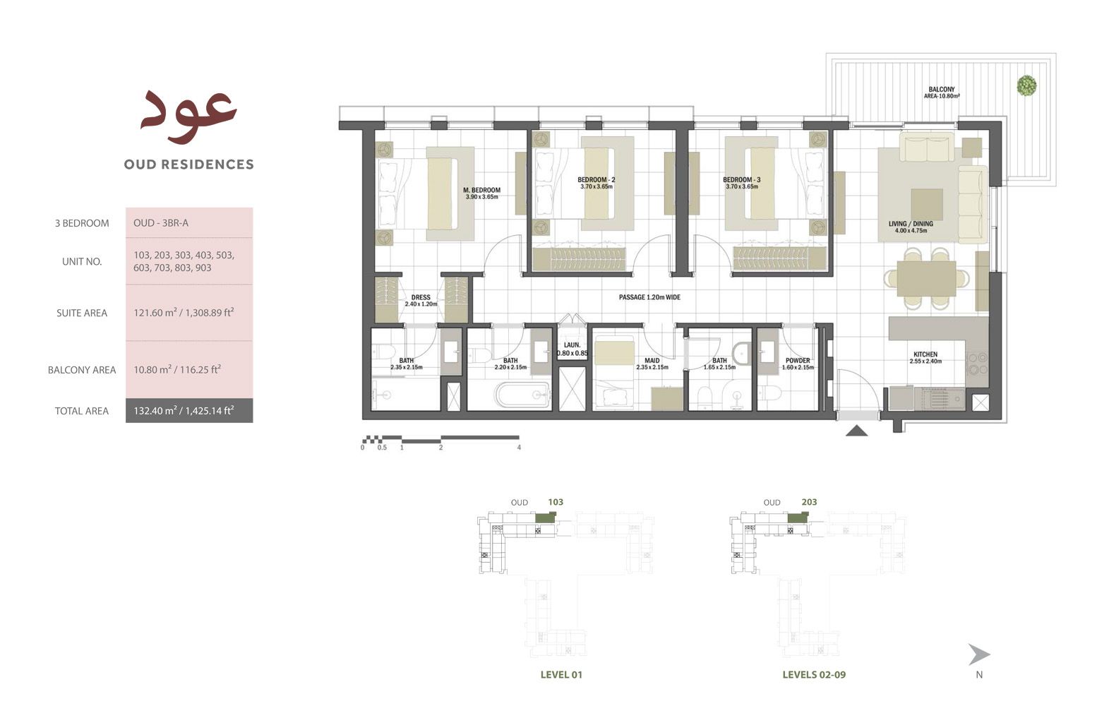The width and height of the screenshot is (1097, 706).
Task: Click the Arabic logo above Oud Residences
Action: click(x=188, y=111)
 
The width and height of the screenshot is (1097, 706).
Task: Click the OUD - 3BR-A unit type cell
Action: click(x=161, y=223)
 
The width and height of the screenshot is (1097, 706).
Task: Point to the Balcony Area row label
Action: click(x=81, y=370)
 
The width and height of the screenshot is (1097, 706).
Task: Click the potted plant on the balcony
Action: click(x=1026, y=86)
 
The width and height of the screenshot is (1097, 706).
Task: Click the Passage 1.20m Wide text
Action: click(x=649, y=297)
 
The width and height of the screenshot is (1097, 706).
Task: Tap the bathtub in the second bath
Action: click(x=522, y=395)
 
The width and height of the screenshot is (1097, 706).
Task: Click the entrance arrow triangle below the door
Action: click(x=856, y=430)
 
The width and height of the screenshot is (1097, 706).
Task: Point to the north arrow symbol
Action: click(x=978, y=655)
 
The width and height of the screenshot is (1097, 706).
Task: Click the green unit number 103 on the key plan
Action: click(x=556, y=502)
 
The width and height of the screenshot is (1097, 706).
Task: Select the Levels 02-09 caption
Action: click(x=813, y=674)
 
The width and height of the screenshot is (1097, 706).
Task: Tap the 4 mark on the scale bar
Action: click(x=519, y=447)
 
